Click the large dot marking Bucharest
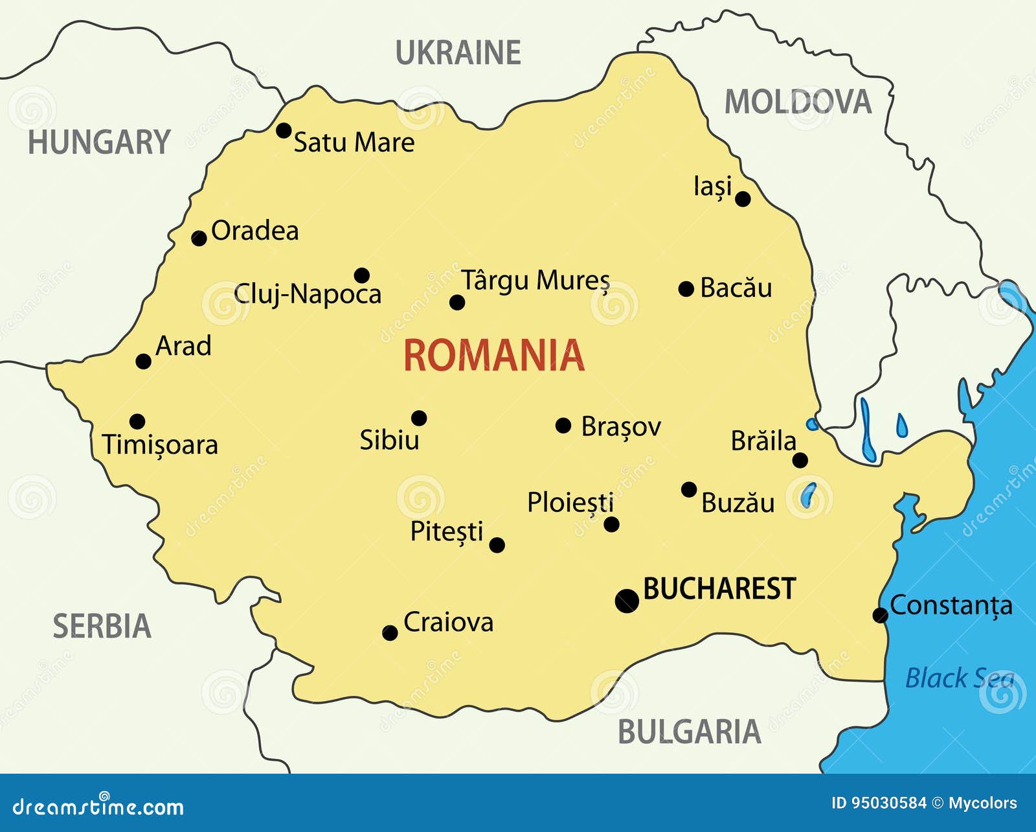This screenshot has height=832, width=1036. point(627,601)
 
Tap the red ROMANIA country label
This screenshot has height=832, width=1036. point(493,356)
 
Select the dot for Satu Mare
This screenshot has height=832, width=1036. point(284,130)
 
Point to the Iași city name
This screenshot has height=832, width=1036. point(712,187)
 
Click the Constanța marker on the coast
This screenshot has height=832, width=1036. point(880,615)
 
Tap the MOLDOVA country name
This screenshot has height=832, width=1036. point(798,102)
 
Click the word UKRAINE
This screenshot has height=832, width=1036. point(458,53)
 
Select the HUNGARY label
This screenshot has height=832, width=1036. point(99,143)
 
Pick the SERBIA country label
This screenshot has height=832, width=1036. point(102,627)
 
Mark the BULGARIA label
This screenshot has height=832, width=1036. point(689,732)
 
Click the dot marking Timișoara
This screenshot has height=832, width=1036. point(137,422)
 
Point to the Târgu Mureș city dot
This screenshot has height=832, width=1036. point(457,302)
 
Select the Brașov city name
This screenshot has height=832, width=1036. point(620,427)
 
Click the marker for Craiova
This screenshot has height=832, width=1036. point(390,632)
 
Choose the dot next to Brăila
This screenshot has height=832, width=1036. point(800,460)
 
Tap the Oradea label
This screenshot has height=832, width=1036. point(254,231)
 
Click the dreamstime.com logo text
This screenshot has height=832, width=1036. point(98,807)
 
